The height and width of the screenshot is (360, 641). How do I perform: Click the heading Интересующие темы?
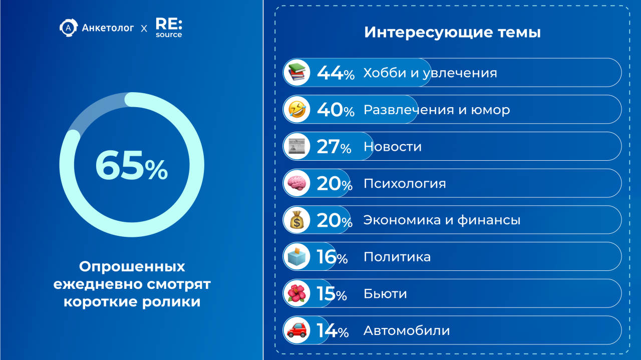[x=452, y=33]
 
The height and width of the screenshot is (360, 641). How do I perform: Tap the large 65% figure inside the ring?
[x=131, y=165]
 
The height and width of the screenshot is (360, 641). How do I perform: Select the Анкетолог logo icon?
[x=68, y=28]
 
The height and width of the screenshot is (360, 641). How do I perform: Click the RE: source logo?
[x=168, y=28]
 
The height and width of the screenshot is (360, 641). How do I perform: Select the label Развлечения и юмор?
[x=436, y=110]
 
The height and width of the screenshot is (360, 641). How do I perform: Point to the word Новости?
[x=392, y=147]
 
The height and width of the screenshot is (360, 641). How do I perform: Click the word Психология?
[x=404, y=183]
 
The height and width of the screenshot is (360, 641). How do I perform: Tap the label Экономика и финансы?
[x=441, y=220]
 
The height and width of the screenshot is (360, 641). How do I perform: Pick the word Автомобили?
[x=406, y=330]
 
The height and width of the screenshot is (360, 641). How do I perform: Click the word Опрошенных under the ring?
[x=132, y=266]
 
